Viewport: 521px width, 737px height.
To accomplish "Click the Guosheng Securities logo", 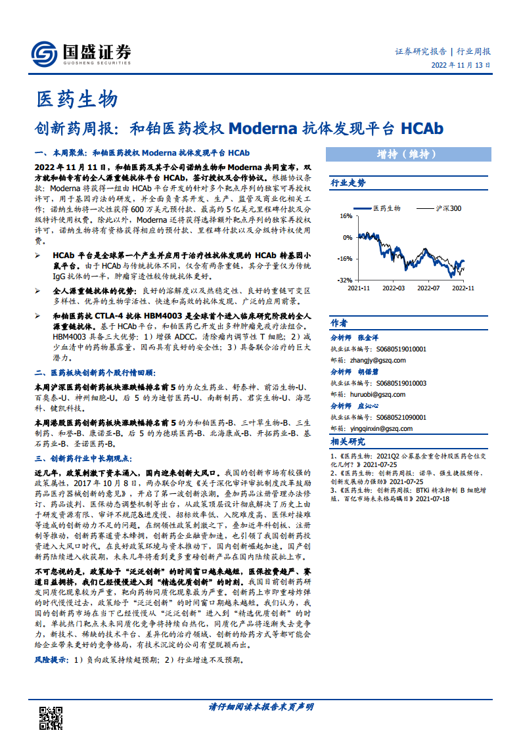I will pos(81,52).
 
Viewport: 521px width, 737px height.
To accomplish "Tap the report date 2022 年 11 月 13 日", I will pos(461,66).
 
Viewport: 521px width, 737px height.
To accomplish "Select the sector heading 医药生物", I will pos(77,99).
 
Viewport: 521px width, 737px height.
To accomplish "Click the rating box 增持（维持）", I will pos(408,154).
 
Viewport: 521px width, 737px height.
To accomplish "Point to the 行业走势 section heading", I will pos(348,183).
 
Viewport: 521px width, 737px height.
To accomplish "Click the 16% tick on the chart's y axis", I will pos(345,216).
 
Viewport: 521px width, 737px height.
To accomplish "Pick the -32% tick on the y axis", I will pos(344,280).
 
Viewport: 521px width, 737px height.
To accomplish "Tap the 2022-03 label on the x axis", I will pos(394,288).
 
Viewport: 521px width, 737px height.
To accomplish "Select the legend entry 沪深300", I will pos(447,208).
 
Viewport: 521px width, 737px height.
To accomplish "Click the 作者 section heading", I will pos(339,323).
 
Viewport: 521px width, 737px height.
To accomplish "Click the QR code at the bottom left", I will pos(51,717).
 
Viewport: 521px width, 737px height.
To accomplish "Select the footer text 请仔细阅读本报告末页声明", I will pos(261,707).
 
